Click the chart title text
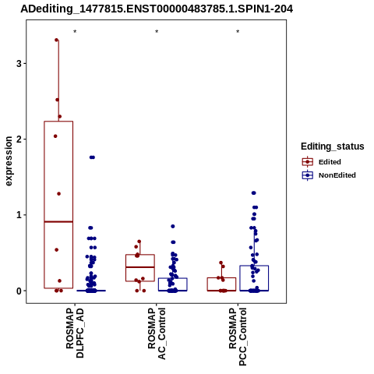[x=157, y=9]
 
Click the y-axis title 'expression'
[x=9, y=161]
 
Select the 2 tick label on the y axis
[x=19, y=139]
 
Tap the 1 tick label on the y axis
[x=19, y=215]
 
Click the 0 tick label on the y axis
[x=19, y=291]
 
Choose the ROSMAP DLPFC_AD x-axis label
[x=75, y=333]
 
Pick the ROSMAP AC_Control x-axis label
[x=157, y=333]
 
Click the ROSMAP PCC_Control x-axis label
[x=238, y=337]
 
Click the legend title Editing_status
[x=333, y=146]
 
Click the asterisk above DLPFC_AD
[x=75, y=32]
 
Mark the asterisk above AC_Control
[x=157, y=32]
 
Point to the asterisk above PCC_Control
[x=238, y=32]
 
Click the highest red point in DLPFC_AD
[x=56, y=40]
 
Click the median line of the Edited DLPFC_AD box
[x=58, y=221]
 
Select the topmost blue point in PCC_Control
[x=254, y=193]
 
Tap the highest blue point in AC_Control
[x=173, y=226]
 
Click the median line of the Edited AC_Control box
[x=140, y=267]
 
